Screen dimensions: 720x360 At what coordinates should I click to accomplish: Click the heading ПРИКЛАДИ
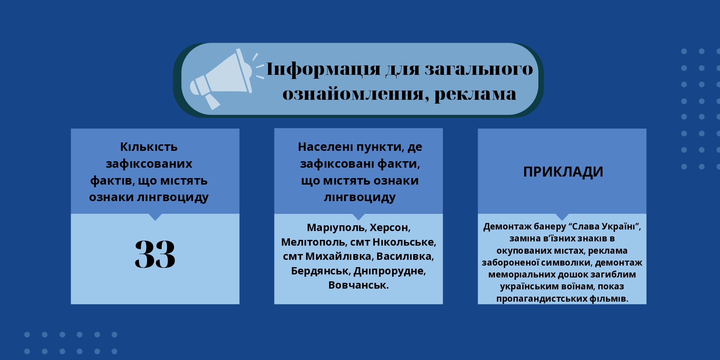point(563,172)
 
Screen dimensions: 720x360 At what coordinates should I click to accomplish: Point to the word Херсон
point(390,228)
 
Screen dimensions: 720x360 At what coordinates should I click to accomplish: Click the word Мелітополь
point(314,242)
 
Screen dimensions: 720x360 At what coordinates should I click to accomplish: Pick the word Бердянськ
point(320,271)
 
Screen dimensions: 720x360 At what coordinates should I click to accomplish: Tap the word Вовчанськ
point(359,285)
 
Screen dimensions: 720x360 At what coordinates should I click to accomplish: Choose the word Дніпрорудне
point(390,271)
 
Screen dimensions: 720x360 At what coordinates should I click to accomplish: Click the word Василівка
point(405,256)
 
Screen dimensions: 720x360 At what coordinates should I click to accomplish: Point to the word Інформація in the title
point(323,69)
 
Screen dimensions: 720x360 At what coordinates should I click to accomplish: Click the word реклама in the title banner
point(475,94)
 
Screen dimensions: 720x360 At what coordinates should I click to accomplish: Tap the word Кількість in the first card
point(149,147)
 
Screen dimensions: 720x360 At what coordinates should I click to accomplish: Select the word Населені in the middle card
point(325,147)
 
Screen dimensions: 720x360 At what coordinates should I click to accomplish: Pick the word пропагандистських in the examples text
point(542,298)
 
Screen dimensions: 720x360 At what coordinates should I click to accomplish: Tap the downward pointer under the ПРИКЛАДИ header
point(562,217)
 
